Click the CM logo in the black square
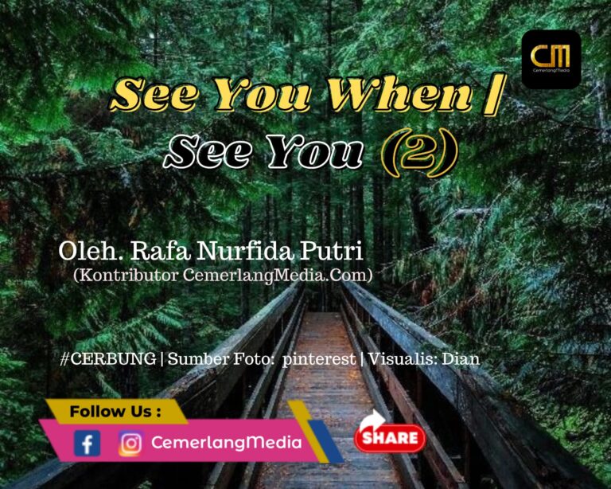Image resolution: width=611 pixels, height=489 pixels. click(551, 59)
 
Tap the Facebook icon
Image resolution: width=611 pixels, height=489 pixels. click(87, 443)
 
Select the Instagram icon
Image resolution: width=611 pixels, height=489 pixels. click(131, 444)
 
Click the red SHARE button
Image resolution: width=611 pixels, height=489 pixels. click(390, 437)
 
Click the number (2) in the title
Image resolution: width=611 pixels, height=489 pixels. click(418, 152)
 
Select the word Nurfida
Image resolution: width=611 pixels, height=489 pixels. click(246, 251)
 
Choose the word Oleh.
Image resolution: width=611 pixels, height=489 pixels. click(91, 251)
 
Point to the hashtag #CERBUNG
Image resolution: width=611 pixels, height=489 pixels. click(108, 358)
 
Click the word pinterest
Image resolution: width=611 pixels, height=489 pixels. click(319, 359)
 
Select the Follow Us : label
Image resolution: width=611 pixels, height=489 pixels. click(115, 412)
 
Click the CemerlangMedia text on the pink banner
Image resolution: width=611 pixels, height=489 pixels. click(227, 442)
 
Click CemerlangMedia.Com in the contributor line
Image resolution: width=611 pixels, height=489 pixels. click(278, 276)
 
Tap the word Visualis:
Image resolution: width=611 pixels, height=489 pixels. click(403, 358)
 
